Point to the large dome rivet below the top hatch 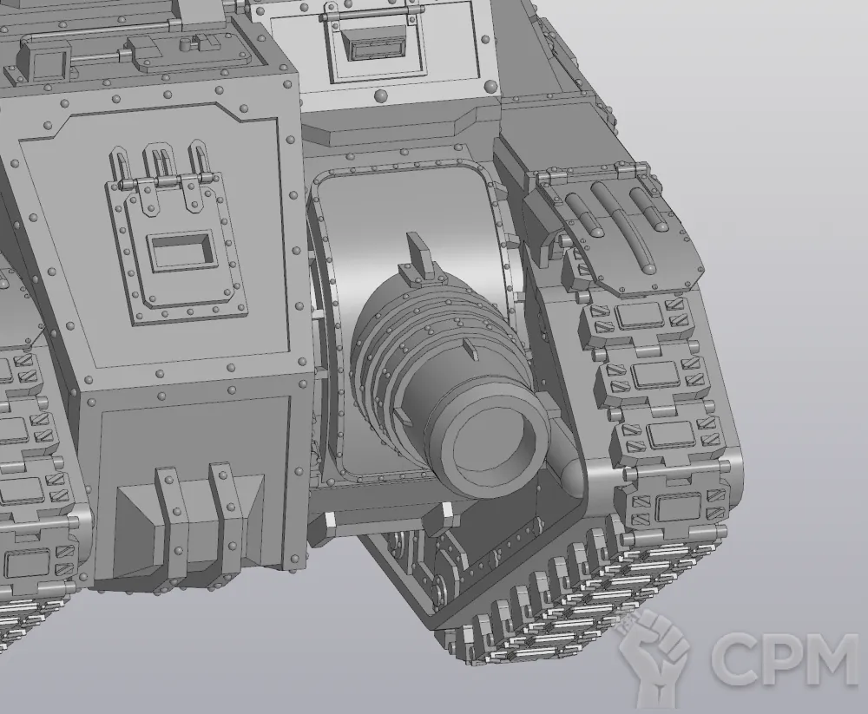click(381, 95)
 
